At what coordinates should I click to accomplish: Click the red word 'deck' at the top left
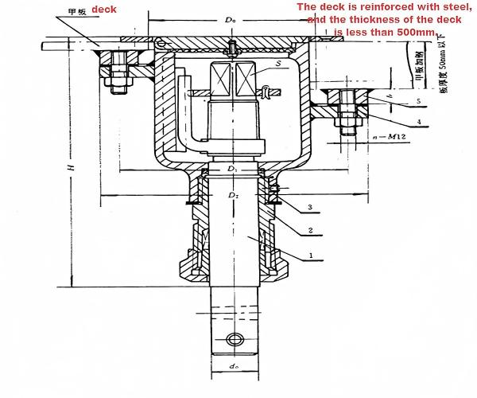pos(104,10)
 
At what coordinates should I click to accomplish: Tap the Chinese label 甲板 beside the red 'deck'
pos(76,11)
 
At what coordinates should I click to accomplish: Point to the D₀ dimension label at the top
pos(231,17)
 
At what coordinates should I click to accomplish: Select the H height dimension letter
pos(70,169)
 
